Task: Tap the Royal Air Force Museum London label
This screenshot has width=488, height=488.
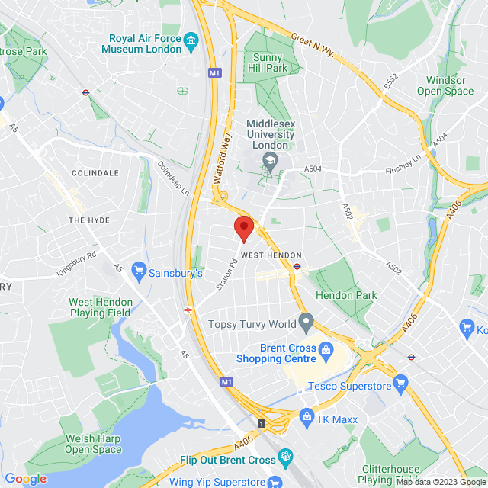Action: pyautogui.click(x=145, y=43)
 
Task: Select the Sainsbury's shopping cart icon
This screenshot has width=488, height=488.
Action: pyautogui.click(x=138, y=271)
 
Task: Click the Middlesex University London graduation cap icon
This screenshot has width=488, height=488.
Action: pyautogui.click(x=269, y=160)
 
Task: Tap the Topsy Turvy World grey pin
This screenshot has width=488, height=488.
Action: pyautogui.click(x=306, y=323)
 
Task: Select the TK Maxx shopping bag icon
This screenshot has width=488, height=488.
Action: pyautogui.click(x=307, y=416)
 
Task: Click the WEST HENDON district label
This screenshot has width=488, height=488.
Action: pyautogui.click(x=271, y=255)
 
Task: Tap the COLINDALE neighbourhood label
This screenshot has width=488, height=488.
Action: pyautogui.click(x=95, y=173)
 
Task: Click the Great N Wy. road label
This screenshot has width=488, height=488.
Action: pyautogui.click(x=312, y=40)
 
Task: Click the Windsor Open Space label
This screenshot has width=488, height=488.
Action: pyautogui.click(x=445, y=85)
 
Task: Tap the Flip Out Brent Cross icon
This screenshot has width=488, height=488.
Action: pyautogui.click(x=286, y=457)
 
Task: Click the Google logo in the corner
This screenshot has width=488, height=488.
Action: pyautogui.click(x=25, y=479)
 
